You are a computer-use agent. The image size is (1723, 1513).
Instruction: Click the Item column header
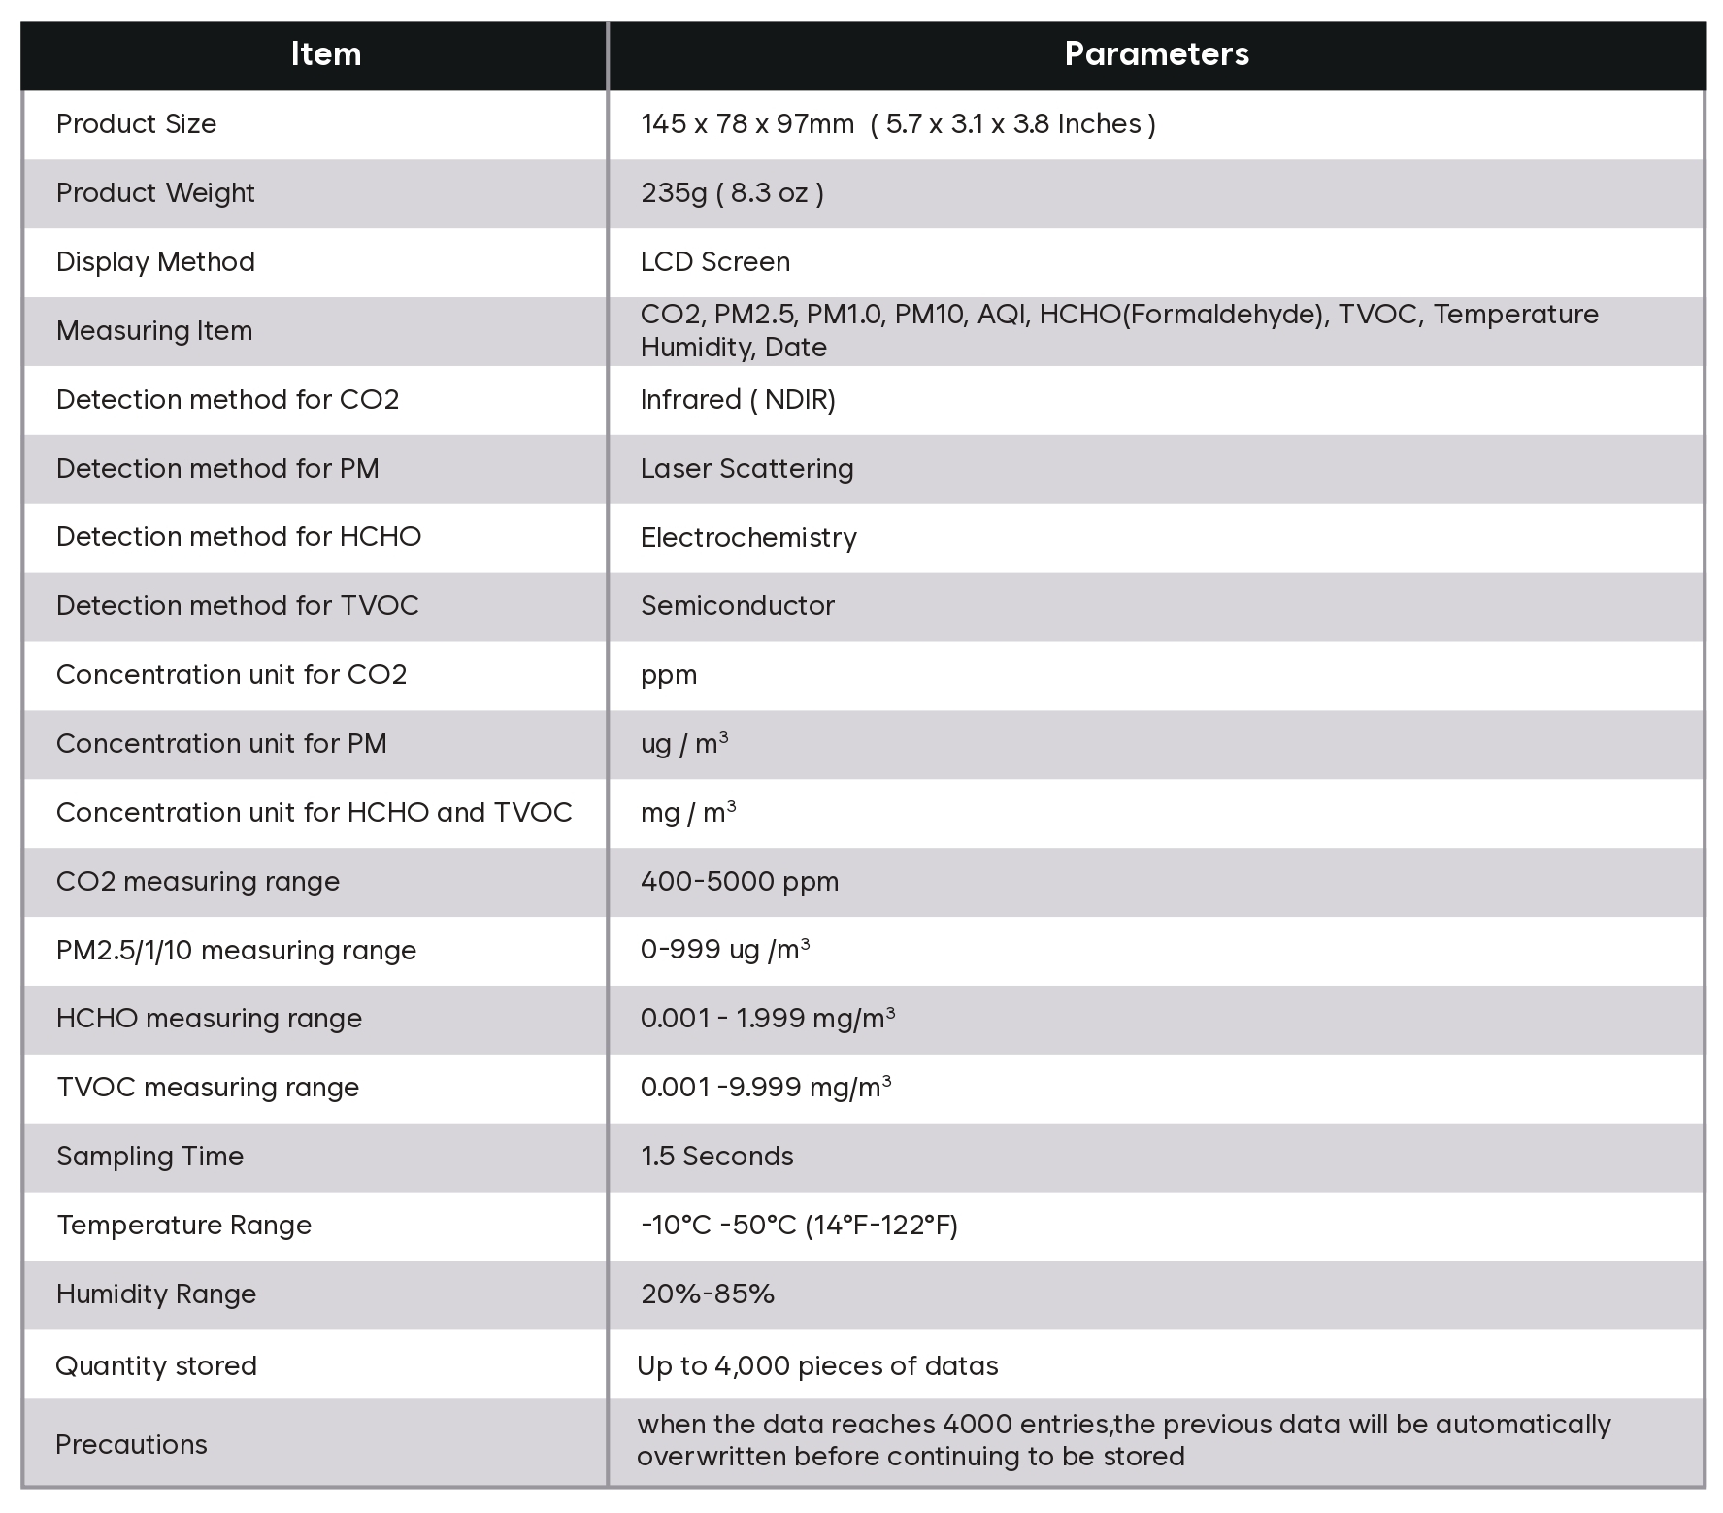point(325,54)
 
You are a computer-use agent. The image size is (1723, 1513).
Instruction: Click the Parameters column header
point(1156,54)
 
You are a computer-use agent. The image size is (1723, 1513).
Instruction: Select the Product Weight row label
point(155,193)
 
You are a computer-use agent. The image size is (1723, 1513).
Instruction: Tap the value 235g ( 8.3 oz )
point(732,193)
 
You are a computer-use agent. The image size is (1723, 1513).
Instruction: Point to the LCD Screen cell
point(715,262)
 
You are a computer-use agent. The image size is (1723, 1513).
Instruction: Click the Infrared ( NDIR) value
point(738,400)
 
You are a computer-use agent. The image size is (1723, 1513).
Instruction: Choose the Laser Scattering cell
point(746,469)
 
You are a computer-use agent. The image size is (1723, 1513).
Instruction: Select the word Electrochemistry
point(748,538)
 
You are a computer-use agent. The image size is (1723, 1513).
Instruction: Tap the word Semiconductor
point(737,606)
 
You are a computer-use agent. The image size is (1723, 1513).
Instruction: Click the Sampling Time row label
point(149,1157)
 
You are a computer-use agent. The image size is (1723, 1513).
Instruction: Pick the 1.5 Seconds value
point(716,1157)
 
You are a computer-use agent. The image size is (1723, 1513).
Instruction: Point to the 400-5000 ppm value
point(739,882)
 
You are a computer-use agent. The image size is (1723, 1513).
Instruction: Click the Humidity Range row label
point(156,1294)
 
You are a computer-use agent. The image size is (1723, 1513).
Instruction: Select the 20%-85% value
point(707,1294)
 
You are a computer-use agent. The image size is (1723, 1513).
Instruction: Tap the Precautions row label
point(131,1445)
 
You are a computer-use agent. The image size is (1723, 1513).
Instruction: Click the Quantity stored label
point(156,1366)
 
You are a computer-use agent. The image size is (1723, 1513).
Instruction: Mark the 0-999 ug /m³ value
point(724,950)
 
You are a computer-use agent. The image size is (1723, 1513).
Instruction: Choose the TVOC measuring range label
point(208,1088)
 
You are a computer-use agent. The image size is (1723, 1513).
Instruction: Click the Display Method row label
point(155,262)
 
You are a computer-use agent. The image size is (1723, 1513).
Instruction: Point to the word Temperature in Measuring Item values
point(1515,315)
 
